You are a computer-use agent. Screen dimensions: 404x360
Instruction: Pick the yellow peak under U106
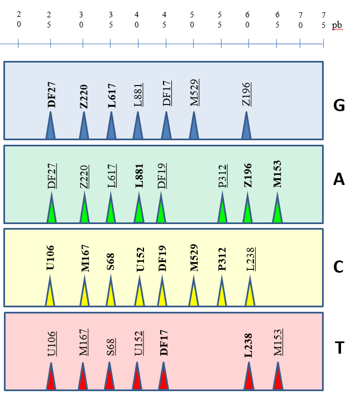pyautogui.click(x=50, y=293)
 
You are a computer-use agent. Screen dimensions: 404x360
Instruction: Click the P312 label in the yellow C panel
pyautogui.click(x=222, y=259)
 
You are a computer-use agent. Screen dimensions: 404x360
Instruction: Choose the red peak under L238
pyautogui.click(x=249, y=378)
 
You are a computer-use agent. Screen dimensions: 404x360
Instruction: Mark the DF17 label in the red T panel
pyautogui.click(x=164, y=343)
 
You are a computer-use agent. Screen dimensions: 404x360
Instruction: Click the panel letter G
pyautogui.click(x=338, y=105)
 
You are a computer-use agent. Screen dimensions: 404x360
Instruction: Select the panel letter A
pyautogui.click(x=338, y=179)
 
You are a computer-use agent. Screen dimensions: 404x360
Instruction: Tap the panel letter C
pyautogui.click(x=338, y=267)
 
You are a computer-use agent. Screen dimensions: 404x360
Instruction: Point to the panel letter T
pyautogui.click(x=339, y=348)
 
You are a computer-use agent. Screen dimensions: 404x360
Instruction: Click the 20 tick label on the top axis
pyautogui.click(x=19, y=20)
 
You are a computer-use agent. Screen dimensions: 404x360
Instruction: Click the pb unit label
pyautogui.click(x=338, y=26)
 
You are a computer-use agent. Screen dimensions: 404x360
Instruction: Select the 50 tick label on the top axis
pyautogui.click(x=193, y=20)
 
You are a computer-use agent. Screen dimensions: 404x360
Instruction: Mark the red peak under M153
pyautogui.click(x=277, y=378)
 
